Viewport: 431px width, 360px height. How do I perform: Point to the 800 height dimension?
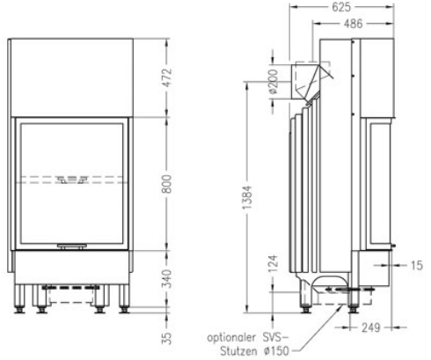click(x=166, y=187)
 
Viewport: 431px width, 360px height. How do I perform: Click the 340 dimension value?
click(x=166, y=279)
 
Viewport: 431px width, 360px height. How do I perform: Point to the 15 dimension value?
click(x=415, y=263)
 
